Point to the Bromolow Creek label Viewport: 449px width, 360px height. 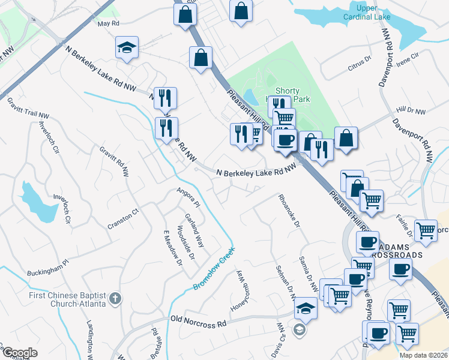coord(213,269)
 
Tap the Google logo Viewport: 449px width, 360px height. coord(19,353)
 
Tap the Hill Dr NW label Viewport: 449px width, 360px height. coord(411,112)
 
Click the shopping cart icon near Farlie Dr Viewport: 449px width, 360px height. coord(426,230)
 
